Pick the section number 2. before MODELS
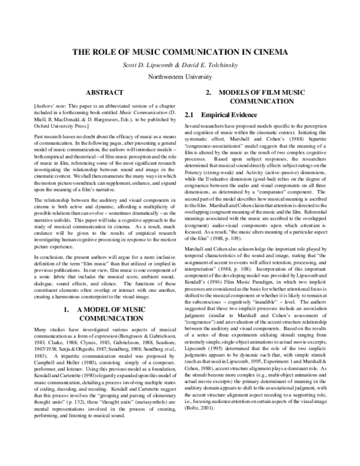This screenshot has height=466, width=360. (209, 92)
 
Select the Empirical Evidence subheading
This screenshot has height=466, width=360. (232, 114)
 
